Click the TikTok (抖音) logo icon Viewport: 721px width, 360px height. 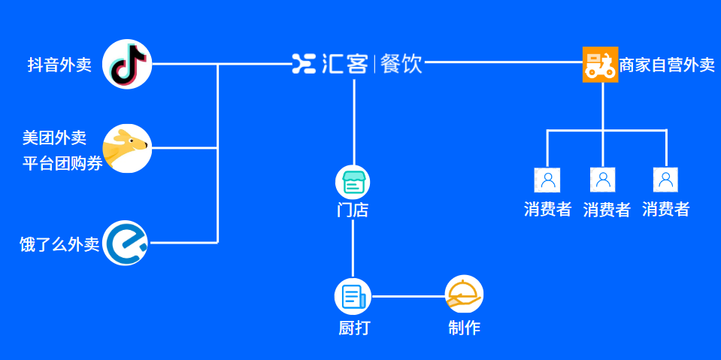click(127, 64)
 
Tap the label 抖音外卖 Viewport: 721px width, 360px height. click(59, 65)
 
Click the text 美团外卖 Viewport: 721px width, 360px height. click(54, 138)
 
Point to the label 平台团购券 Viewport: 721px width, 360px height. click(62, 163)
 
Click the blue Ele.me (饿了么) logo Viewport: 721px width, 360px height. click(126, 243)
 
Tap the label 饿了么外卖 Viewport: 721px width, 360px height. click(59, 244)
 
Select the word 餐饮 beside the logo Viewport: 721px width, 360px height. click(401, 63)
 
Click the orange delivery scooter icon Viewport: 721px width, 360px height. click(600, 65)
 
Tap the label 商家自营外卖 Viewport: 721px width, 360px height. click(666, 65)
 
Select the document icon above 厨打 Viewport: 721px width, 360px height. click(353, 296)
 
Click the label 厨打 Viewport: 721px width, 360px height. click(353, 328)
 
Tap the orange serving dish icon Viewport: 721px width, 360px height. click(464, 295)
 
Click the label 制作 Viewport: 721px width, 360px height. click(464, 328)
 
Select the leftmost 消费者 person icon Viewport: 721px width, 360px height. click(547, 180)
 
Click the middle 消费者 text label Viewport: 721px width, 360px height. click(607, 210)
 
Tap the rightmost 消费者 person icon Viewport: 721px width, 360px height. click(665, 180)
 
